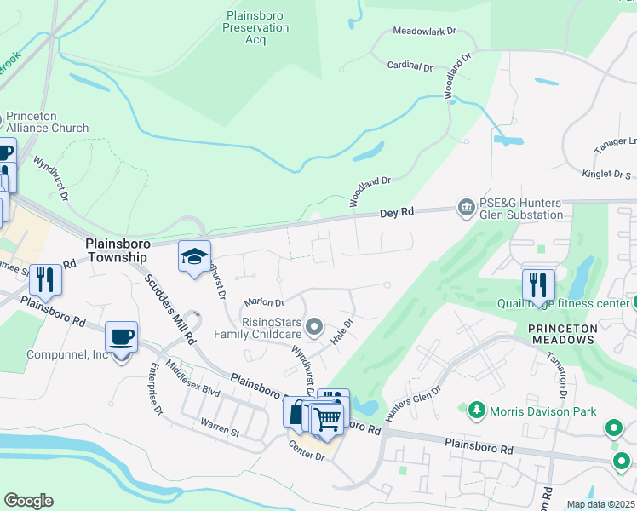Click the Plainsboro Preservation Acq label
[255, 27]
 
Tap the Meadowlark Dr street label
[424, 31]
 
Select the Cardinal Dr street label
[410, 66]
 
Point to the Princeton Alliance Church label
[47, 123]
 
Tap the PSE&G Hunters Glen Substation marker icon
[466, 207]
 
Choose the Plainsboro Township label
[118, 250]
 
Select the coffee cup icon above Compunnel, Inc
[120, 336]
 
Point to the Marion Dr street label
[263, 302]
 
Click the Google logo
[28, 501]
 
